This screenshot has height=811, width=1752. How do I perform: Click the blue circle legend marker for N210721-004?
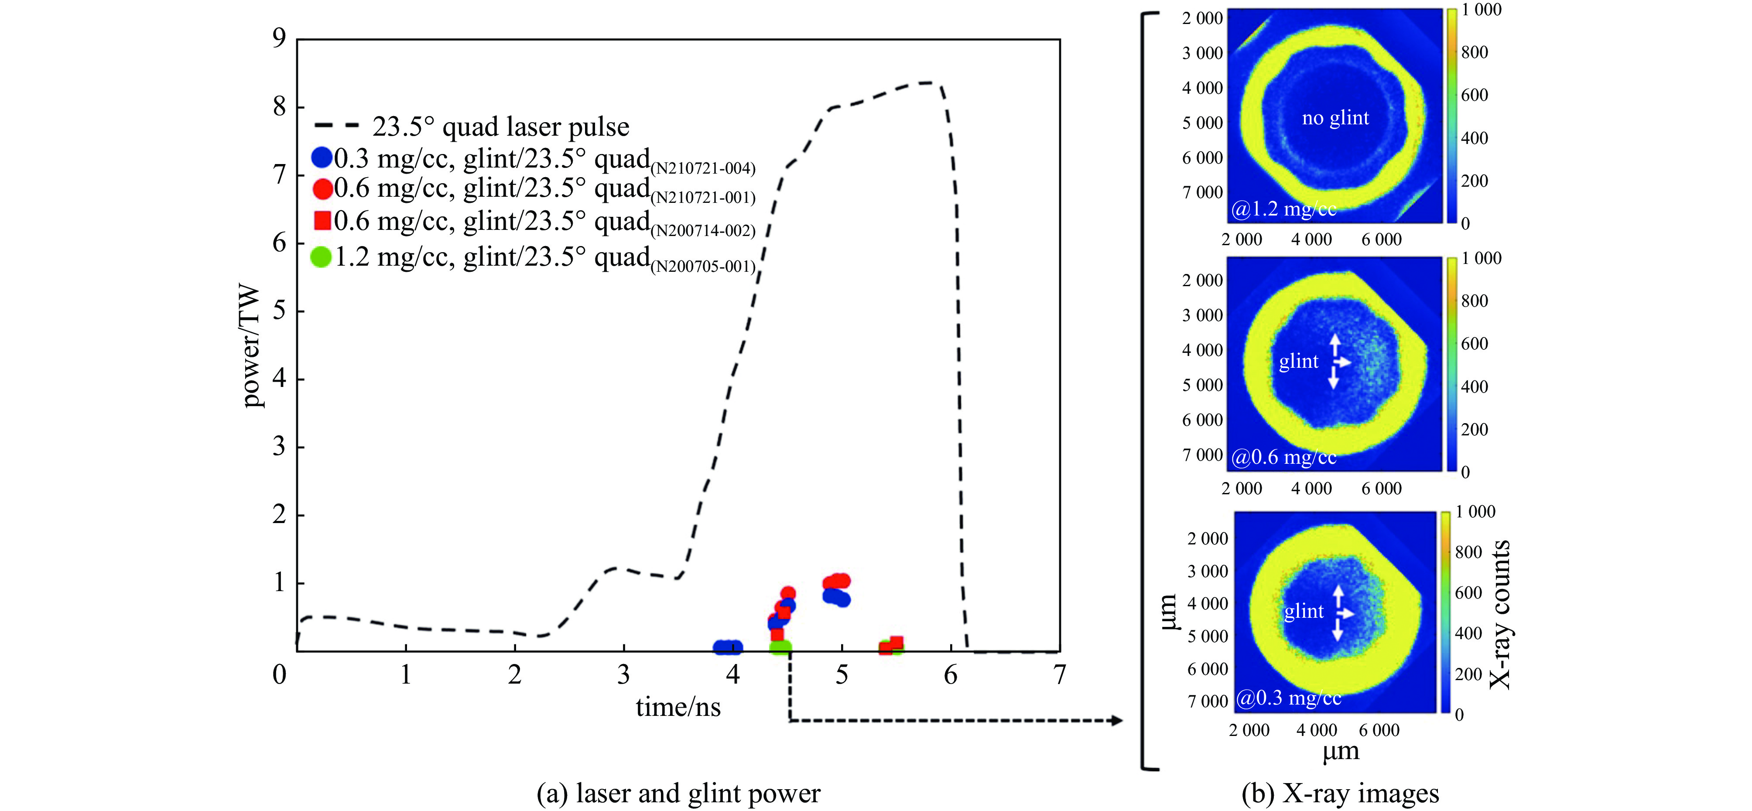[x=321, y=158]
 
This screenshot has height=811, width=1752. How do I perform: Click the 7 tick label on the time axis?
[x=1059, y=674]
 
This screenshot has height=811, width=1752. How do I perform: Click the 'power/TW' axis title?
[x=252, y=346]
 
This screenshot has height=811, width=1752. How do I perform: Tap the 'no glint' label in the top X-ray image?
[x=1335, y=118]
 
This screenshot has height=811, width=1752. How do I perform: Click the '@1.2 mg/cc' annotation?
[x=1283, y=209]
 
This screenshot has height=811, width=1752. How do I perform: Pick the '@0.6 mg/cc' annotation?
[x=1283, y=457]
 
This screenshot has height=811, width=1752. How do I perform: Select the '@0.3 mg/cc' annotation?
[x=1288, y=698]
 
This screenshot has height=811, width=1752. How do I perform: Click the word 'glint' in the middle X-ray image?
[x=1298, y=361]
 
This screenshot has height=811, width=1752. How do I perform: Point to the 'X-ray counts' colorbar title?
[x=1500, y=614]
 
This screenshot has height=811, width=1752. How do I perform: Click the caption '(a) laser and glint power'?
[x=678, y=793]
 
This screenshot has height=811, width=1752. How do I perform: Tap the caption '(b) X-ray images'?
[x=1340, y=793]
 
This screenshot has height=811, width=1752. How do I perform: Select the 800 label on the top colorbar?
[x=1474, y=52]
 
